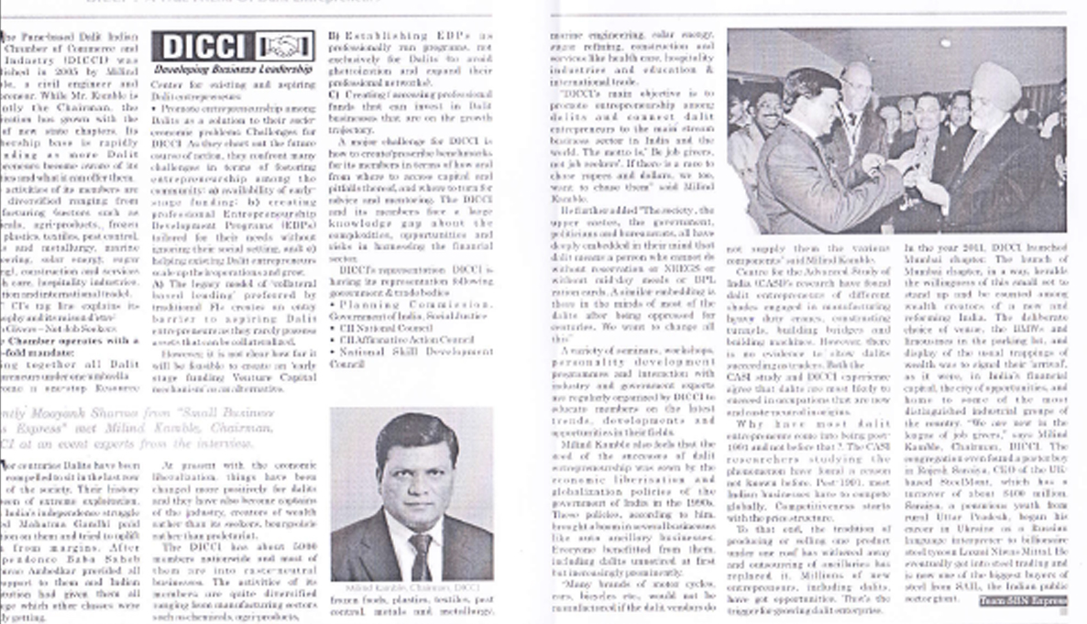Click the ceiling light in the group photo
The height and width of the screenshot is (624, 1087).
tap(944, 42)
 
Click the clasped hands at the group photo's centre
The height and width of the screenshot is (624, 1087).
tap(917, 170)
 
